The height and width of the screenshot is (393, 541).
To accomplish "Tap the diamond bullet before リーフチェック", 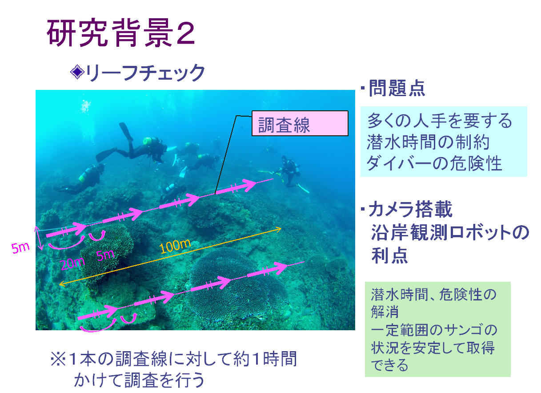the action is tap(77, 72).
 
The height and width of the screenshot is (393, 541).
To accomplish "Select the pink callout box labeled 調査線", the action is tap(300, 123).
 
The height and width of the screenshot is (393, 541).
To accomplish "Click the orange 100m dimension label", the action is tap(175, 246).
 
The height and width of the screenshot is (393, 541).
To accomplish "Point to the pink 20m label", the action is tap(72, 263).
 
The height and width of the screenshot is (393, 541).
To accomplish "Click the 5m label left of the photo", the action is tap(20, 248).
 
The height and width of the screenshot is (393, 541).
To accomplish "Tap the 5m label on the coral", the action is tap(105, 255).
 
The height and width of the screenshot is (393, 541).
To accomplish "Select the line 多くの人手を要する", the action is tap(439, 121).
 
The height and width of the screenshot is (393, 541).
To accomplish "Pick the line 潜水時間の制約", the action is tap(428, 142).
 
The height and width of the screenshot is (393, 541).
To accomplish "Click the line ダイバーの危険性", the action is tap(434, 163).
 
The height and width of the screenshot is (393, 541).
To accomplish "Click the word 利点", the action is tap(389, 255).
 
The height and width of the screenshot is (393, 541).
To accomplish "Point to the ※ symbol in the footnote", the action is tap(58, 359).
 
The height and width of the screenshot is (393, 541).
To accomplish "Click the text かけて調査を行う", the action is tap(139, 380).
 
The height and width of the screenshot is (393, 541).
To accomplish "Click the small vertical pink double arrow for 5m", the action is tap(39, 238).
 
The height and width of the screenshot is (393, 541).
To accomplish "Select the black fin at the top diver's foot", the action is tap(126, 132).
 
